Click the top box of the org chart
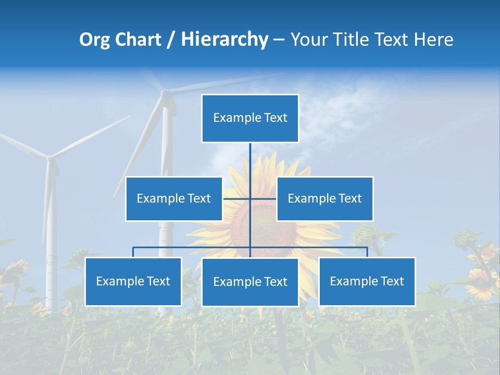pyautogui.click(x=250, y=118)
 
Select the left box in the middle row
pyautogui.click(x=174, y=199)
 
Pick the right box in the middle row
pyautogui.click(x=324, y=199)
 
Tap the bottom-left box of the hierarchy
pyautogui.click(x=133, y=282)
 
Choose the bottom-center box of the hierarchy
pyautogui.click(x=250, y=282)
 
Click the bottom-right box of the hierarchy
pyautogui.click(x=367, y=282)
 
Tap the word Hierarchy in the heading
pyautogui.click(x=224, y=40)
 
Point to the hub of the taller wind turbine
pyautogui.click(x=165, y=93)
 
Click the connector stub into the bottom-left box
pyautogui.click(x=133, y=252)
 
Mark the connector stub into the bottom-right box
pyautogui.click(x=367, y=252)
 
